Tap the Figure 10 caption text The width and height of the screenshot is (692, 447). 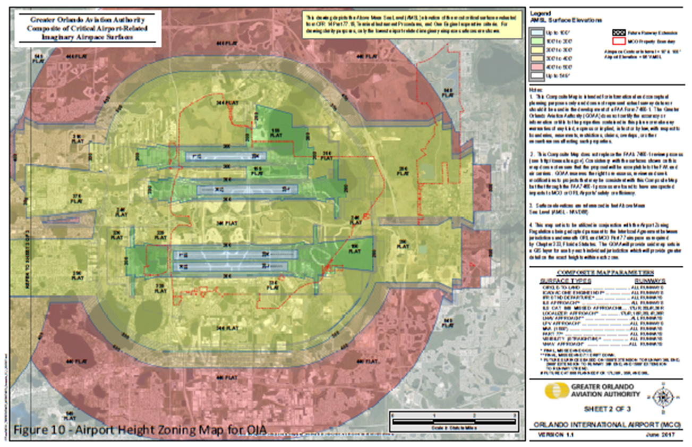139,428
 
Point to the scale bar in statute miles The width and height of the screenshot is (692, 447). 454,423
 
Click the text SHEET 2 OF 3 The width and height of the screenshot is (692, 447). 606,409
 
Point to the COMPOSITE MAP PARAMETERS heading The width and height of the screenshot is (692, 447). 606,271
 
